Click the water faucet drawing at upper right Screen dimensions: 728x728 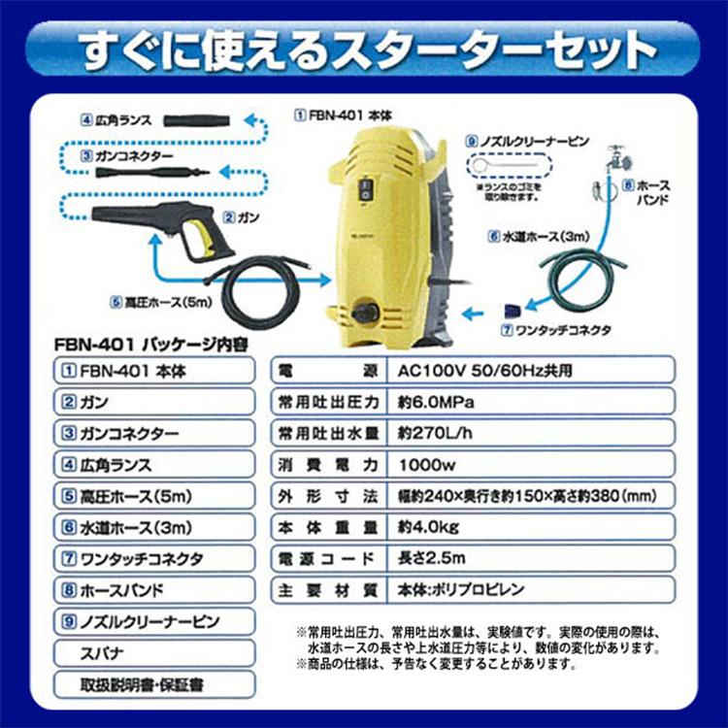pos(612,160)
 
